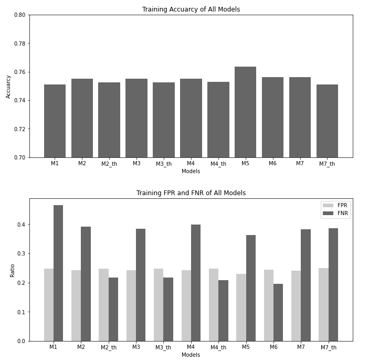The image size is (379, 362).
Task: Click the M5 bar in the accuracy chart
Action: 245,112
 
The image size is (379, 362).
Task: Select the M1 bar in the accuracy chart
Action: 55,121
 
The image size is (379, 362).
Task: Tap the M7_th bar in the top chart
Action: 327,121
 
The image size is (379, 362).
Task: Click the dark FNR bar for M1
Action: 58,273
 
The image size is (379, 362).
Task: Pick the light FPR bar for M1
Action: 49,305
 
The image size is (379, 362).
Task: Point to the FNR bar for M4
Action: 196,283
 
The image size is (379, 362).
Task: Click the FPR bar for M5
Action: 241,307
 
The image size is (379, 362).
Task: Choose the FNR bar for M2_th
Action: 113,309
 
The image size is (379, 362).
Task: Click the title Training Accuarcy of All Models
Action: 191,9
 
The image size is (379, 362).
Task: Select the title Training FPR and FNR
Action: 191,193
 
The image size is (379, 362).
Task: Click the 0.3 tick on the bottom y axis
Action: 22,254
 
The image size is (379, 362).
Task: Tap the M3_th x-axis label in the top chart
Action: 163,164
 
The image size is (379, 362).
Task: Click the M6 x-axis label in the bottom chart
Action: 272,347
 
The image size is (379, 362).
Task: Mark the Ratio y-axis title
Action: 12,270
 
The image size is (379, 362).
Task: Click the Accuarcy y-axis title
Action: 8,86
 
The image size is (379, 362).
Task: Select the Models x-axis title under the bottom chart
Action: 191,355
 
